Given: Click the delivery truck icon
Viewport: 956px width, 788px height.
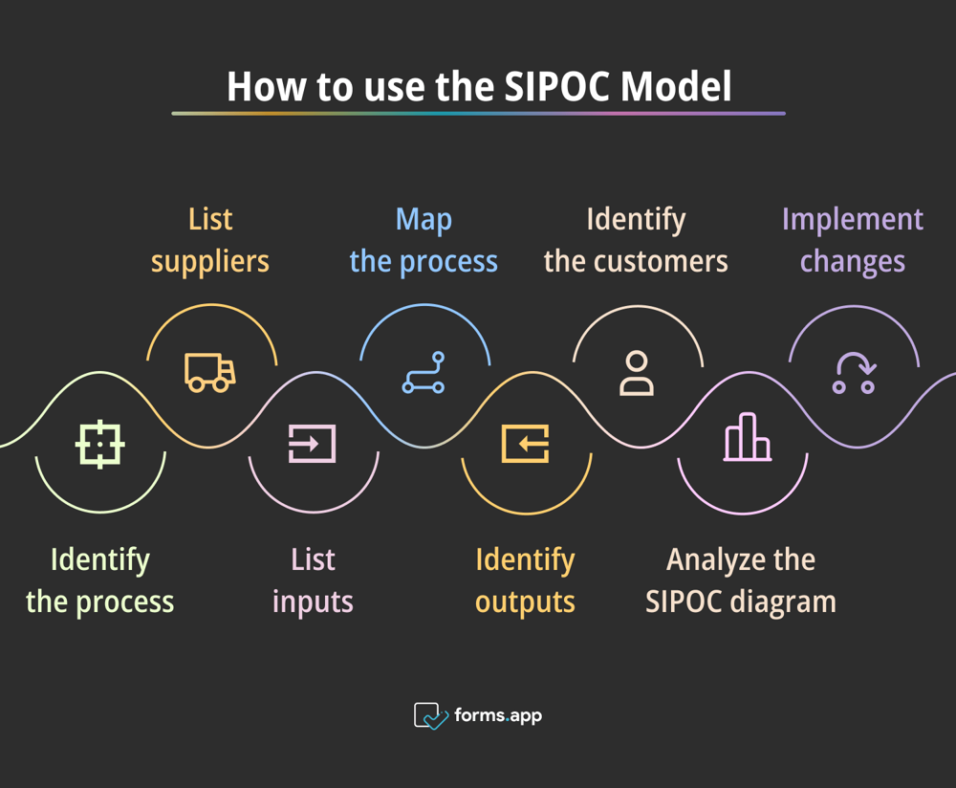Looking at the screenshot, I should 210,372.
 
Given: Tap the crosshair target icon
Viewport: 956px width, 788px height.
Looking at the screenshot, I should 100,444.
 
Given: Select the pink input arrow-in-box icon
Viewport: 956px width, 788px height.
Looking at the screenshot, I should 313,444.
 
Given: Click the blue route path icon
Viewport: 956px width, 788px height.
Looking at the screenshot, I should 423,373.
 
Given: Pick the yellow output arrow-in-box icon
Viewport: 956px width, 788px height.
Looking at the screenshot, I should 526,444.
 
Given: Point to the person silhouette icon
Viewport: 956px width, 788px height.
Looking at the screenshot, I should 637,373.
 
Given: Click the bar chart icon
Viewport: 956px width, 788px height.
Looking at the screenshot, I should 747,438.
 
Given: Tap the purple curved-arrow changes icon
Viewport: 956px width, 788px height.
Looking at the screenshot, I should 854,373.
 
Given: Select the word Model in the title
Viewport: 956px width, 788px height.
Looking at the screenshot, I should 676,87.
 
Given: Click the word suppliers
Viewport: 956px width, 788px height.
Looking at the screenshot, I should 210,262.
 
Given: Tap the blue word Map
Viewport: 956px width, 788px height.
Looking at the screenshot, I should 424,220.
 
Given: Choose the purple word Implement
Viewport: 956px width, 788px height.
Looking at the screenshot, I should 853,220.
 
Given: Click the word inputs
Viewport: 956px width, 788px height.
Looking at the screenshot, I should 313,602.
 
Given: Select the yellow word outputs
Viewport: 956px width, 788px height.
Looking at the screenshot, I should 525,602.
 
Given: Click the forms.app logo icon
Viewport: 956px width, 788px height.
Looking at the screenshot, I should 430,715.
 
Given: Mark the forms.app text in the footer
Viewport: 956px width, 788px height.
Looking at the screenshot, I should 498,715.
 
